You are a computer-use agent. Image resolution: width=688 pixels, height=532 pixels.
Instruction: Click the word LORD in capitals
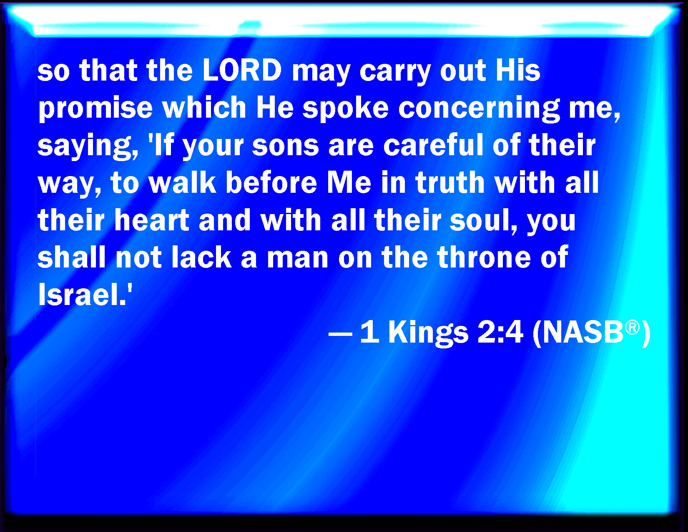(242, 70)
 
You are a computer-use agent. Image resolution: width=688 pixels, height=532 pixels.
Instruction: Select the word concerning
(479, 108)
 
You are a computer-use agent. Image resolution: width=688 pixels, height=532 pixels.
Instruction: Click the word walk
(182, 182)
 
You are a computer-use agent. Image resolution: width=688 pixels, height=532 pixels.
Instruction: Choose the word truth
(450, 182)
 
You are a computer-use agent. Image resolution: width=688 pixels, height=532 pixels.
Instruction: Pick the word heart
(152, 220)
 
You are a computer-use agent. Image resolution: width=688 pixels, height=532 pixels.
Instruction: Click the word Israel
(80, 294)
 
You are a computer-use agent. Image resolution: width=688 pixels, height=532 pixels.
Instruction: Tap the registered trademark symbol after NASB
(633, 327)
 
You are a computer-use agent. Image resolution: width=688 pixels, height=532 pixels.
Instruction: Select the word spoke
(345, 108)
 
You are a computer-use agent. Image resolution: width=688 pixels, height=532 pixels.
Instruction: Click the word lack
(201, 257)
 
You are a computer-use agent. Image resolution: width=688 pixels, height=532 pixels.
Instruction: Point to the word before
(271, 182)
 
